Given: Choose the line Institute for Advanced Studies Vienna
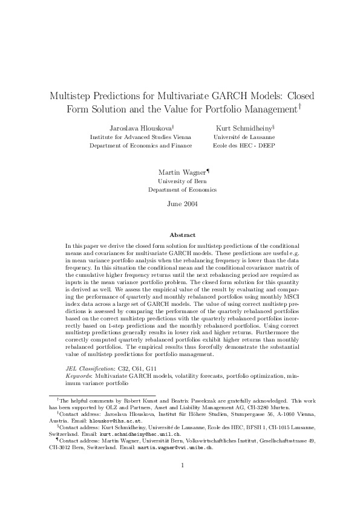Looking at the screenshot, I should (x=141, y=137).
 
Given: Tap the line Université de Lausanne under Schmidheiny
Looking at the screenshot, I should (x=244, y=137).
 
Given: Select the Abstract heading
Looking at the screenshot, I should (x=182, y=235).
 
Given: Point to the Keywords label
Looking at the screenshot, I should (x=79, y=375).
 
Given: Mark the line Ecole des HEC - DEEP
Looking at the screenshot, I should (x=244, y=145).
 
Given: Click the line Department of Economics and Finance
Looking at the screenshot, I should (x=141, y=145).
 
